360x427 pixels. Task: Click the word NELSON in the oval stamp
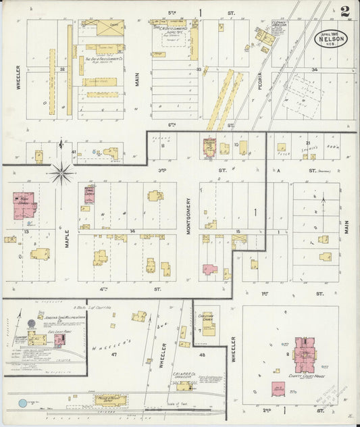point(332,39)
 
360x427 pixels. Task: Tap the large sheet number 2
point(345,11)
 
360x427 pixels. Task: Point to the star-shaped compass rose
point(61,174)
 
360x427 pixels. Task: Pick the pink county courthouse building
point(307,351)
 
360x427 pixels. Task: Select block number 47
point(114,354)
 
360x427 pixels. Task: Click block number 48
point(202,355)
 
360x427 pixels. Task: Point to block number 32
point(61,69)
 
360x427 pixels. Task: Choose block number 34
point(314,69)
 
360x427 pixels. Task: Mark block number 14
point(132,231)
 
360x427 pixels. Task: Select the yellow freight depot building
point(110,400)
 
